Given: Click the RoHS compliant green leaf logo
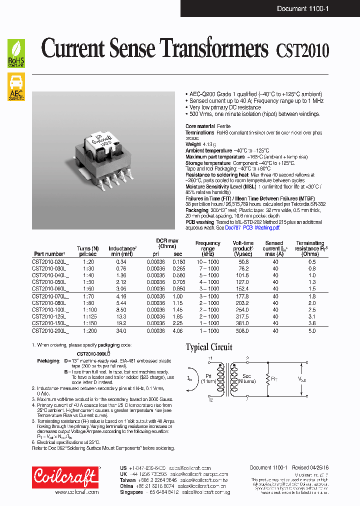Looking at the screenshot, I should tap(16, 53).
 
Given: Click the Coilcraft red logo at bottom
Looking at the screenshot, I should tap(64, 477).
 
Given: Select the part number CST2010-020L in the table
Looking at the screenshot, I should tap(49, 261).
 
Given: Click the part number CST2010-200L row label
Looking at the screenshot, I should tap(49, 330).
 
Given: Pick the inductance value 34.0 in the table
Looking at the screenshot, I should tap(121, 330).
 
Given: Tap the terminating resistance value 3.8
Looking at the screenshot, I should tap(312, 323).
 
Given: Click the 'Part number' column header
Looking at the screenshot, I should tap(49, 254).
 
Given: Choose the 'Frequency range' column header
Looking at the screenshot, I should tap(207, 246).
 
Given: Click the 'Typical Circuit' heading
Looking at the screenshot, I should tap(209, 347).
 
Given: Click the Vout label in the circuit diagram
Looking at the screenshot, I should tap(303, 379).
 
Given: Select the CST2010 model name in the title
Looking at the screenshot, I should tap(302, 50).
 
